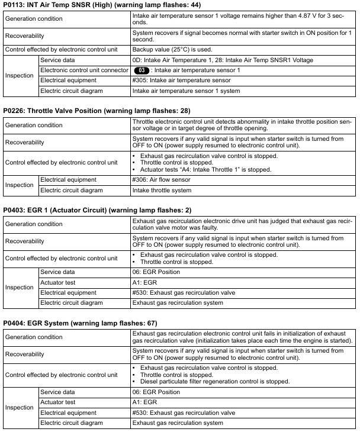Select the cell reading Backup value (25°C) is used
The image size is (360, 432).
tap(172, 50)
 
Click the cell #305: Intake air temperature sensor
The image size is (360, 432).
tap(181, 80)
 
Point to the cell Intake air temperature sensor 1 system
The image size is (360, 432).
tap(186, 91)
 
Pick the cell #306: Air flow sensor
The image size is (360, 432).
tap(161, 179)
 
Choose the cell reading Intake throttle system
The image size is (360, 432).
tap(162, 190)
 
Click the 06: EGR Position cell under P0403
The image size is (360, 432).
tap(156, 272)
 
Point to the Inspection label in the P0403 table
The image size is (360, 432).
tap(20, 288)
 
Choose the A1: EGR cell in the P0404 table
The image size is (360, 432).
tap(146, 402)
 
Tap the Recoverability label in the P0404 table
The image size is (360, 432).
tap(25, 354)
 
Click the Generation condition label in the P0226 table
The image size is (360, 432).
tap(33, 125)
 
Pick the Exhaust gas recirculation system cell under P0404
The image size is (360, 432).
tap(178, 423)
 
